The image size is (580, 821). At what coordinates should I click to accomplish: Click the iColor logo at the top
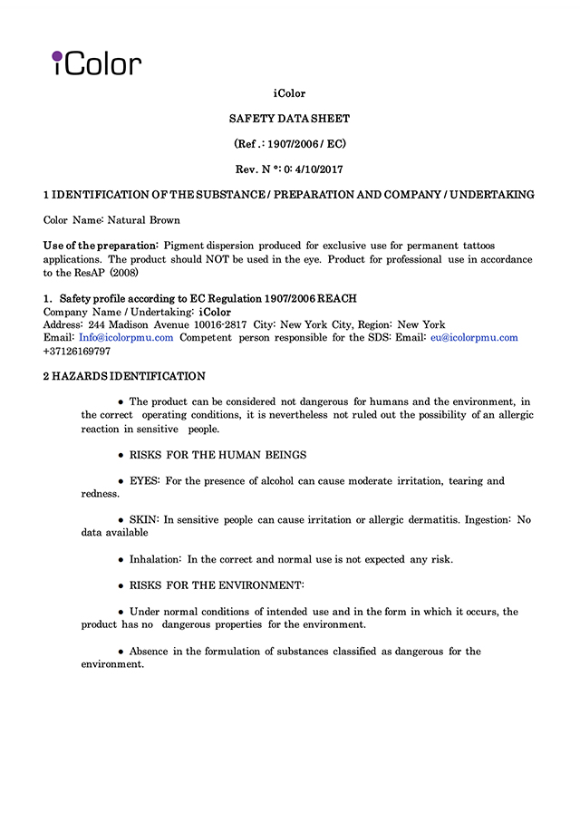click(x=96, y=63)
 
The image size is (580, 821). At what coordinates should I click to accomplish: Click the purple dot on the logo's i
click(x=56, y=53)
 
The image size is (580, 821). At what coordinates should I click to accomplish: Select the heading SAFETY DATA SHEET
click(x=289, y=119)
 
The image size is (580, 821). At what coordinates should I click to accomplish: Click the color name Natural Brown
click(x=144, y=220)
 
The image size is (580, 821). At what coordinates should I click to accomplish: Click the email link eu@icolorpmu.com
click(x=474, y=338)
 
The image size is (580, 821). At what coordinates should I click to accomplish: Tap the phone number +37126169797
click(x=77, y=351)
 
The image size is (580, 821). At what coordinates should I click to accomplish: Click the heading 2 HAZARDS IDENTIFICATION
click(x=124, y=376)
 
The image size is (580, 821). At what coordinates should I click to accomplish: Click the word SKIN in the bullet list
click(x=144, y=520)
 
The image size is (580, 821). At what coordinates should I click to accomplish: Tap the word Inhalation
click(x=155, y=560)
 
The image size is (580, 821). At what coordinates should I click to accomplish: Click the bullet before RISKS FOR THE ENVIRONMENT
click(x=121, y=585)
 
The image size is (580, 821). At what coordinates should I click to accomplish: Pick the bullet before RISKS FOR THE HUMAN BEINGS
click(x=121, y=455)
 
